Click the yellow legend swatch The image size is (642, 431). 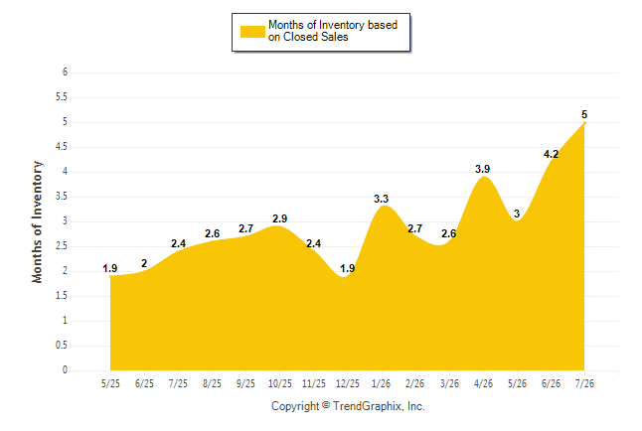[252, 32]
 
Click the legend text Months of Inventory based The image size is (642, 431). [333, 25]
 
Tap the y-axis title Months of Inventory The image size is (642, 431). [37, 221]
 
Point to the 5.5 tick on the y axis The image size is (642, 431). [62, 97]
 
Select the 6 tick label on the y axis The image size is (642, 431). [65, 72]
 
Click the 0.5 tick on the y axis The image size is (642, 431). [62, 346]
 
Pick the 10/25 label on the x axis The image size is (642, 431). [280, 383]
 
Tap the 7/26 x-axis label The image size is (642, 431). [584, 383]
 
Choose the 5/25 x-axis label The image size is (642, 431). [110, 383]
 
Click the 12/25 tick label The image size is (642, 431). [348, 383]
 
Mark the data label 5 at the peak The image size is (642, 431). [584, 114]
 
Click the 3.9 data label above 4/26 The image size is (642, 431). [483, 169]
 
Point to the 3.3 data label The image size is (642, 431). [382, 199]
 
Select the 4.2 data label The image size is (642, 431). [551, 154]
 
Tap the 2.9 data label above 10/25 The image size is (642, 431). [280, 218]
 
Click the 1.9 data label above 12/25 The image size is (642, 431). [348, 268]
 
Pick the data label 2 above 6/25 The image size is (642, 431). [144, 263]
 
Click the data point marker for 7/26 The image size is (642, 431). [584, 123]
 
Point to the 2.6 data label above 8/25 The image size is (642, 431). [212, 233]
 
